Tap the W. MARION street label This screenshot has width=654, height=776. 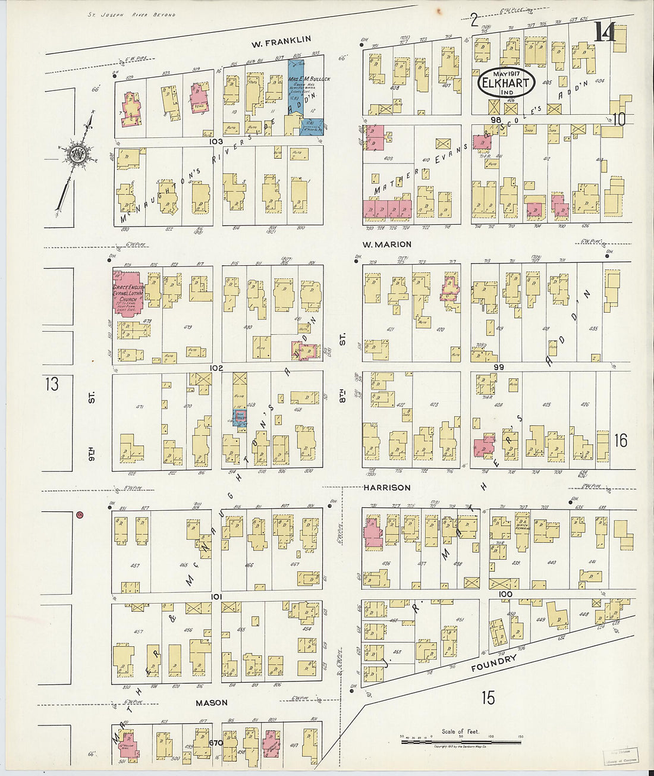tap(387, 244)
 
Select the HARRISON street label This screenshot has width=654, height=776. tap(387, 488)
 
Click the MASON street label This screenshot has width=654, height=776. tap(212, 702)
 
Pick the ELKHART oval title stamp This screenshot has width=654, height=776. tap(506, 83)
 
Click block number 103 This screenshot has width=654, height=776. tap(215, 142)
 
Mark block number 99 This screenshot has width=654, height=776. tap(498, 367)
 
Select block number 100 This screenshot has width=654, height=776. tap(505, 594)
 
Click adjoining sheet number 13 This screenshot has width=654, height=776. tap(52, 384)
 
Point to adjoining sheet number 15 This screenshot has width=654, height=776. tap(488, 698)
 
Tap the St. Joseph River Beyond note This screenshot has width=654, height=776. tap(131, 14)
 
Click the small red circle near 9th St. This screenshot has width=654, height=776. tap(80, 515)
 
